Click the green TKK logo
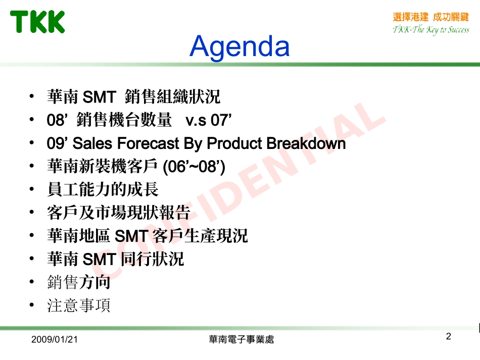[x=38, y=22]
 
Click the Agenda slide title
[x=239, y=46]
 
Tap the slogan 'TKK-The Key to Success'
[x=430, y=30]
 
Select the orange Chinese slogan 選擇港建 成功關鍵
[x=430, y=17]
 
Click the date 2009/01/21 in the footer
[x=55, y=340]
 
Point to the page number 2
[x=448, y=337]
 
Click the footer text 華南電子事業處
[x=241, y=340]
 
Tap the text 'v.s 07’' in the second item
[x=208, y=120]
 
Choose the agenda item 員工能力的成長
[x=103, y=189]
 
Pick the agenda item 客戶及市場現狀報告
[x=118, y=213]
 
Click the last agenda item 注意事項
[x=78, y=305]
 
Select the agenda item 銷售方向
[x=78, y=282]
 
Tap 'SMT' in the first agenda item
[x=99, y=96]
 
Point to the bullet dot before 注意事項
[x=32, y=305]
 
